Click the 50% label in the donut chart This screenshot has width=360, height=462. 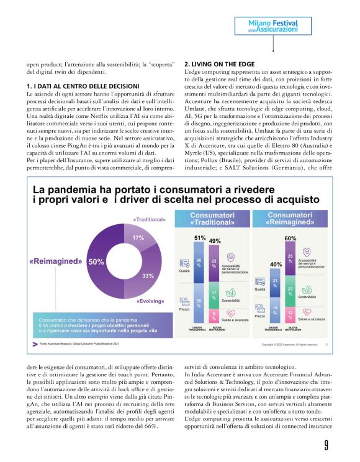pos(96,262)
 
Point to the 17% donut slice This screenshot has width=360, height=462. pos(138,238)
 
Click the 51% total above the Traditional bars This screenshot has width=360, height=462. pos(200,238)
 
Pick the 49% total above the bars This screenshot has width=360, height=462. pos(215,240)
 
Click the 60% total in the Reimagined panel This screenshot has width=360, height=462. pos(289,238)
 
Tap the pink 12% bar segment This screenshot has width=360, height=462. pos(290,315)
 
